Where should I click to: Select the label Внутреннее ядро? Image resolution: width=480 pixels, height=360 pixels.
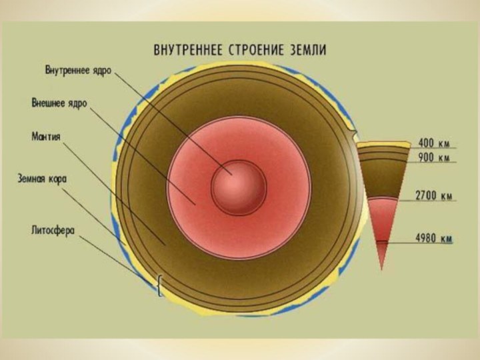[x=78, y=69]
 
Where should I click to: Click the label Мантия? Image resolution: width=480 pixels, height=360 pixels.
[x=47, y=136]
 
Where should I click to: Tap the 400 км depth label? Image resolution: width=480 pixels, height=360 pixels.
[x=434, y=143]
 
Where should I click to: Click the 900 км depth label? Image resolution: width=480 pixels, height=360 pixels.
[x=434, y=158]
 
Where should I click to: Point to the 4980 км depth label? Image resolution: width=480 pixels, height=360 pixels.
[x=434, y=237]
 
